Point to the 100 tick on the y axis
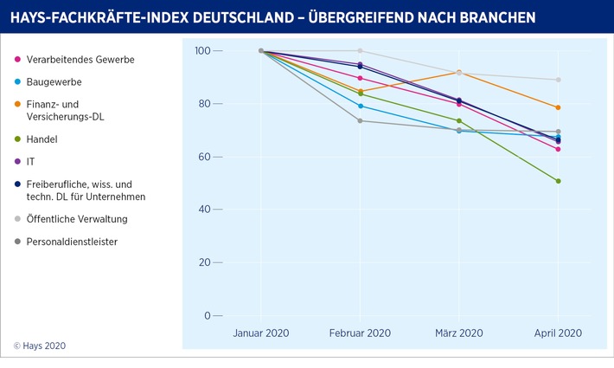click(x=201, y=51)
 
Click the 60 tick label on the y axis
click(x=205, y=157)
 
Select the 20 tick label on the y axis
click(x=205, y=262)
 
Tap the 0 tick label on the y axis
click(x=208, y=315)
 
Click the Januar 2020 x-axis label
click(x=261, y=332)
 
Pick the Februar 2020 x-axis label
click(x=360, y=332)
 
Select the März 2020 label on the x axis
click(x=458, y=332)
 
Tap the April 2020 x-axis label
click(x=558, y=332)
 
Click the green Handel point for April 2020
click(x=558, y=181)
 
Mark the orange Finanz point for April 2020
click(x=558, y=107)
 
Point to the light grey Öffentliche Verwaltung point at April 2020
click(x=558, y=80)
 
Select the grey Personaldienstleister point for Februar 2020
click(x=360, y=120)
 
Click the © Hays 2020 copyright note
click(x=40, y=345)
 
